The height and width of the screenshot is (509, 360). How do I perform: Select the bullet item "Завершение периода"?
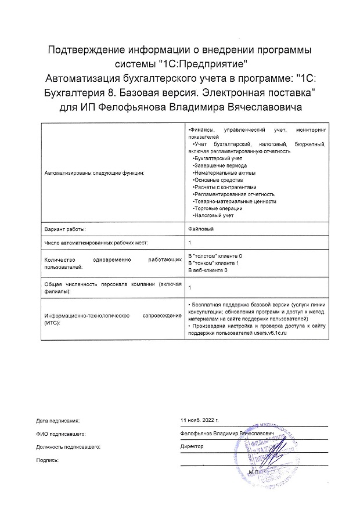click(x=215, y=165)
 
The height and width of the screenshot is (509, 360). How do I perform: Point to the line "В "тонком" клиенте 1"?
click(x=214, y=263)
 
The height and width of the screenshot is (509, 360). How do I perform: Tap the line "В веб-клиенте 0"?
click(x=208, y=270)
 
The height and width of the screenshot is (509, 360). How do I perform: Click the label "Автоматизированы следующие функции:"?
click(x=93, y=173)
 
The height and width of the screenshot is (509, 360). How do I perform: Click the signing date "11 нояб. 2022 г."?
click(x=200, y=419)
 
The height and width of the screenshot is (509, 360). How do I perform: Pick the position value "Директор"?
click(x=192, y=447)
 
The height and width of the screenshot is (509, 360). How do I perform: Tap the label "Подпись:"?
click(x=48, y=460)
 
